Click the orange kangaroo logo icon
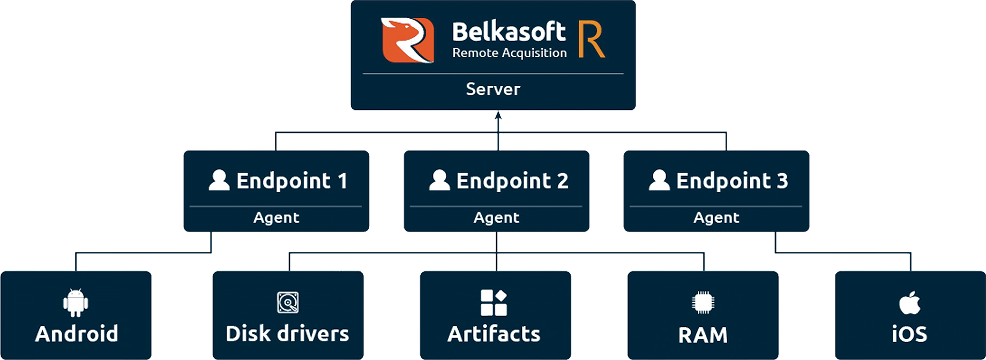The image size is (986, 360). pyautogui.click(x=407, y=40)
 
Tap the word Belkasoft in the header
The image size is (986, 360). pyautogui.click(x=509, y=32)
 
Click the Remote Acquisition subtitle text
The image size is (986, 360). pyautogui.click(x=509, y=52)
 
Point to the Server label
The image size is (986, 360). pyautogui.click(x=493, y=89)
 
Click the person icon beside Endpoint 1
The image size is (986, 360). pyautogui.click(x=219, y=180)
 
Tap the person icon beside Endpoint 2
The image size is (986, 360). pyautogui.click(x=439, y=180)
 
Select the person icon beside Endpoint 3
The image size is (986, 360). pyautogui.click(x=659, y=180)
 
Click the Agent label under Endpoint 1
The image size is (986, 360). pyautogui.click(x=276, y=217)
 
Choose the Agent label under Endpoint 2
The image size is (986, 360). pyautogui.click(x=496, y=217)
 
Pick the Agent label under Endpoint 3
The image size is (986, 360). pyautogui.click(x=716, y=217)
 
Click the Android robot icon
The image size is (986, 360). pyautogui.click(x=76, y=303)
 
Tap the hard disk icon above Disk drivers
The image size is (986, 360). pyautogui.click(x=288, y=303)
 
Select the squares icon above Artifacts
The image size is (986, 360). pyautogui.click(x=494, y=303)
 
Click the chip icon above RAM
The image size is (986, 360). pyautogui.click(x=703, y=303)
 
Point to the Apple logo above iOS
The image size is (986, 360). pyautogui.click(x=909, y=303)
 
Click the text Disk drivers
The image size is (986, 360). pyautogui.click(x=287, y=334)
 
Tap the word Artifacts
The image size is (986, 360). pyautogui.click(x=494, y=334)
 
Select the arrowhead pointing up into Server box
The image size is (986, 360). pyautogui.click(x=498, y=115)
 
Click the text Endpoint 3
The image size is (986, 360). pyautogui.click(x=732, y=181)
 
